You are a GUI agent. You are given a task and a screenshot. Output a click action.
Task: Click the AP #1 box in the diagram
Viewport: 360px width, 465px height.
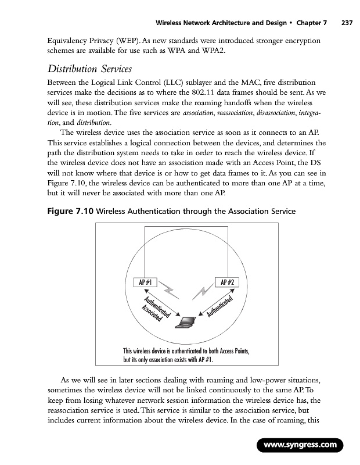point(146,282)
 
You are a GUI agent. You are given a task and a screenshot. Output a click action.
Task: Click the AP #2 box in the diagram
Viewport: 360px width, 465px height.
point(226,282)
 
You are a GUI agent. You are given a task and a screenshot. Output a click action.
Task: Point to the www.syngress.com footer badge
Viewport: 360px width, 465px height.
point(300,446)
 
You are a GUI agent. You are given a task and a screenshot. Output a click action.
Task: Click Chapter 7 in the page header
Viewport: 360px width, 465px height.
point(311,8)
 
